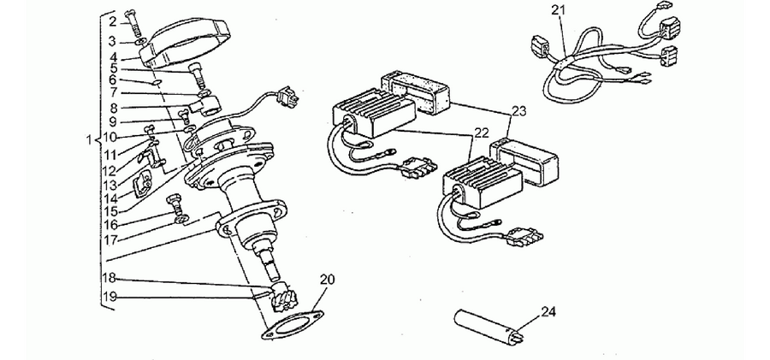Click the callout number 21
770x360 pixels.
coord(559,9)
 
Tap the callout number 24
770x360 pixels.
coord(548,311)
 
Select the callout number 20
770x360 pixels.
coord(328,280)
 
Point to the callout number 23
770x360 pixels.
coord(518,111)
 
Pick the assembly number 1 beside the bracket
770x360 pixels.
coord(89,140)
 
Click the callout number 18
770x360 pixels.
coord(109,278)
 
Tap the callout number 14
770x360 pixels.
coord(110,200)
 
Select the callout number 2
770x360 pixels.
coord(112,21)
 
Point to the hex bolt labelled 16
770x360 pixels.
coord(175,203)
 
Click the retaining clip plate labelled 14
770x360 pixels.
coord(142,183)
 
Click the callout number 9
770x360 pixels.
coord(112,121)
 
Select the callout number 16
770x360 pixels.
coord(110,225)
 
